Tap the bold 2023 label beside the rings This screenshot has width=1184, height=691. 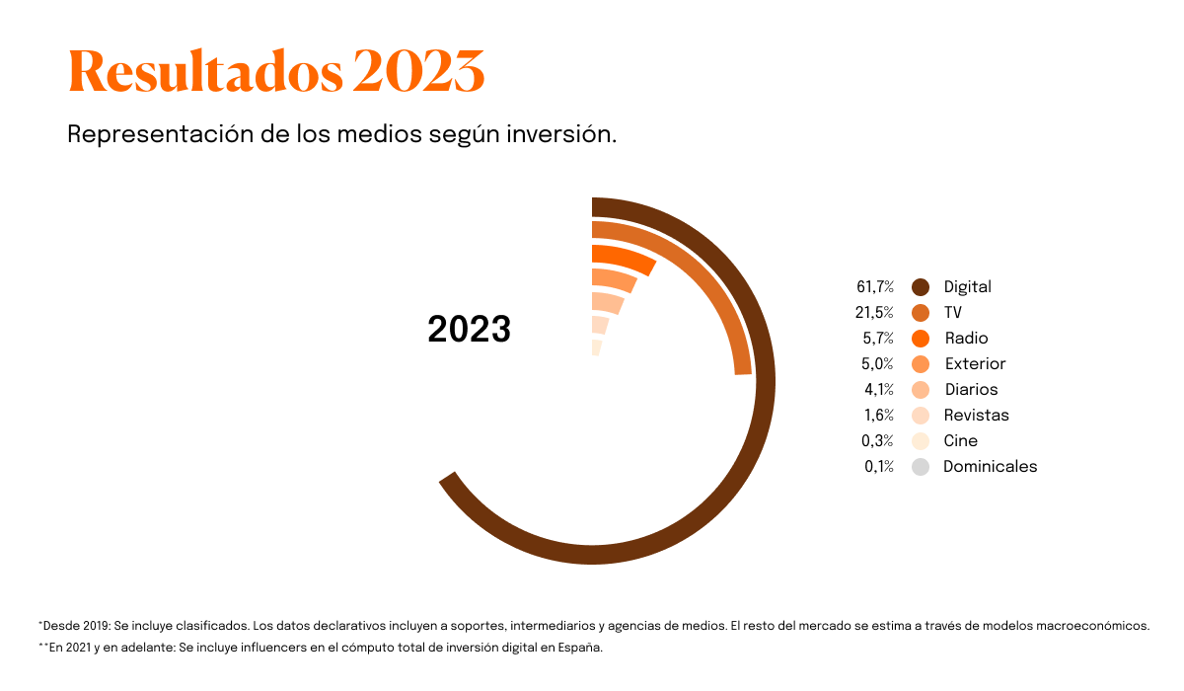(x=469, y=330)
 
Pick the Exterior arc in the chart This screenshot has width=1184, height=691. (x=614, y=279)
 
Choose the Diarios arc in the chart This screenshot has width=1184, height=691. (x=608, y=302)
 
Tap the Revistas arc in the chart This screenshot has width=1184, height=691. (x=600, y=325)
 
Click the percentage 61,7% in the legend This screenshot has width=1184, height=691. (x=875, y=287)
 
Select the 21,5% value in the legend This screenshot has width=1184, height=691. (x=875, y=313)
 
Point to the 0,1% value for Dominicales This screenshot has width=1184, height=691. (x=878, y=467)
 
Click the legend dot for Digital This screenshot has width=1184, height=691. (x=921, y=287)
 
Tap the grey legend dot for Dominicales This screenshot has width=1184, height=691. (x=921, y=467)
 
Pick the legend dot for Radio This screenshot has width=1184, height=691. (x=921, y=339)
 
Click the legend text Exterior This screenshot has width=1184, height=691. (x=975, y=364)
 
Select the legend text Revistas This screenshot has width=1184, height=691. (x=976, y=416)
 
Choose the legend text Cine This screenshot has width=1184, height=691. (x=960, y=441)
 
